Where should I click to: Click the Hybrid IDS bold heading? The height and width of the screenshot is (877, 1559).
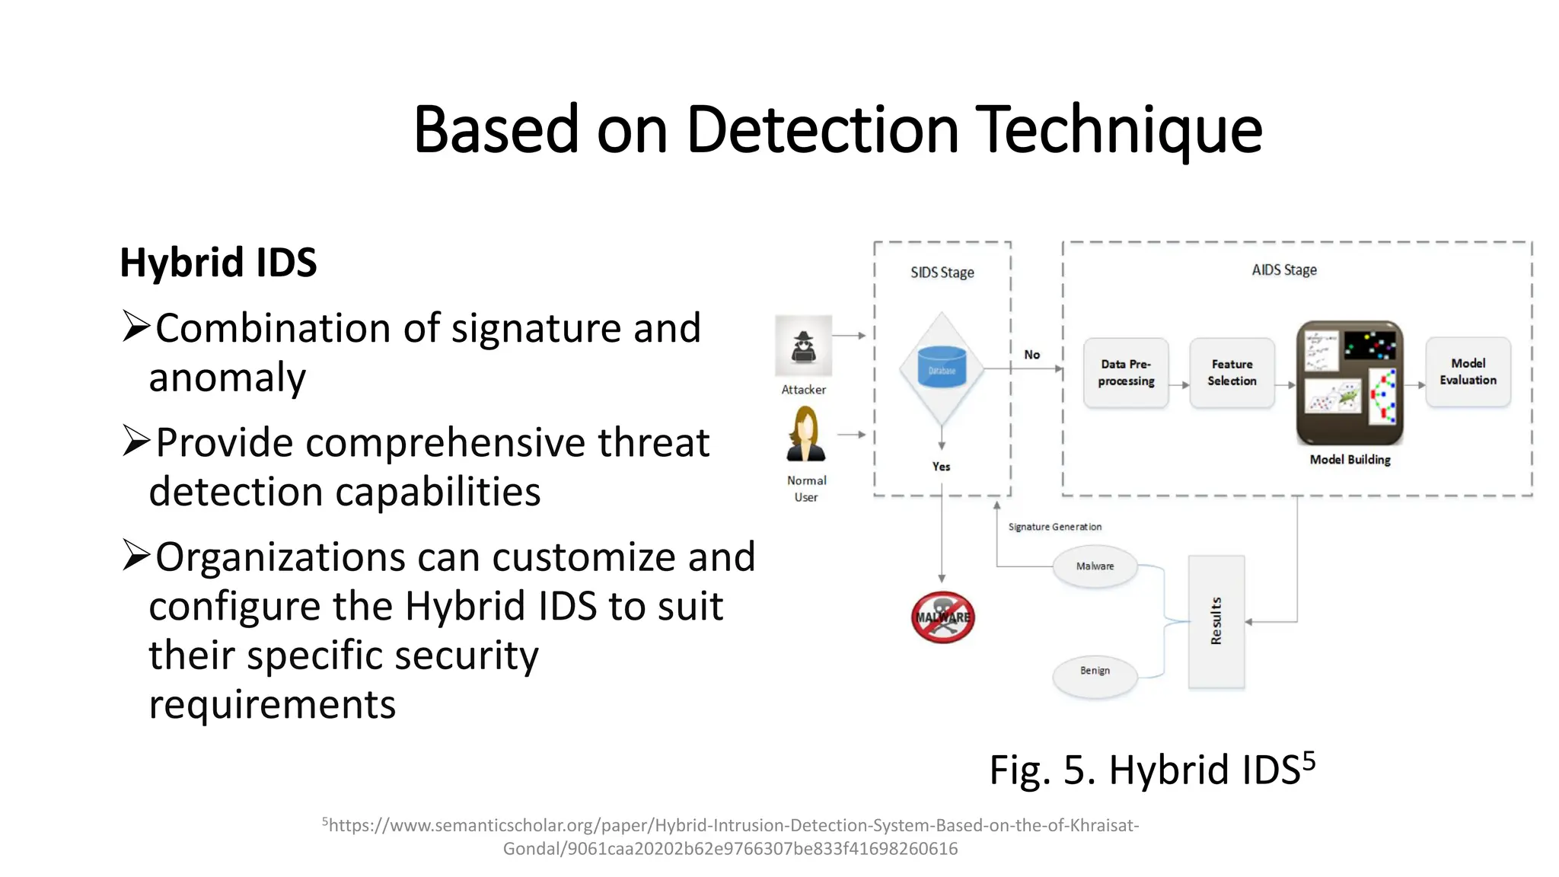pos(218,263)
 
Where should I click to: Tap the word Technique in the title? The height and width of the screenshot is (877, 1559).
pos(1118,129)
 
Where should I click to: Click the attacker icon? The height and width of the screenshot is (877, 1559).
pos(803,346)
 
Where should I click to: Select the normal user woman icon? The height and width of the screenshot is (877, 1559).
pos(805,435)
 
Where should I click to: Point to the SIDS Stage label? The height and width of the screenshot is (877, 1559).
pos(942,273)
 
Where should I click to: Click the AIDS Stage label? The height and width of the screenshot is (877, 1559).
pos(1283,270)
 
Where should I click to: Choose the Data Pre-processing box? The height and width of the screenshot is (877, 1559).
pos(1126,373)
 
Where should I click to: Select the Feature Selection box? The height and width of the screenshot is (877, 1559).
pos(1232,373)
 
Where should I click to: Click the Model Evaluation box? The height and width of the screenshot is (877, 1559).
pos(1468,372)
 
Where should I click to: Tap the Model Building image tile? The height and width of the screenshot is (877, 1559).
pos(1350,382)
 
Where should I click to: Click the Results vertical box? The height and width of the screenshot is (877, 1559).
pos(1216,622)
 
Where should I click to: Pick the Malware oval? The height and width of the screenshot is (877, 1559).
pos(1095,566)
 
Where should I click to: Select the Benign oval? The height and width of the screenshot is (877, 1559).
pos(1095,671)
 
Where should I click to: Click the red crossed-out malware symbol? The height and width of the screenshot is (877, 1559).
pos(942,617)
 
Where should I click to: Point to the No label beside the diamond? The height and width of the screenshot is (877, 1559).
pos(1031,355)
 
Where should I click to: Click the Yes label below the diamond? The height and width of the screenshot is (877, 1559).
pos(941,467)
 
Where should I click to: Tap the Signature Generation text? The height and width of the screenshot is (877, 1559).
pos(1054,527)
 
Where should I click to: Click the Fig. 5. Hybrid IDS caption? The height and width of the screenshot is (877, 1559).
pos(1151,770)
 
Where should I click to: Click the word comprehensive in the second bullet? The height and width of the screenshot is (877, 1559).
pos(446,443)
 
